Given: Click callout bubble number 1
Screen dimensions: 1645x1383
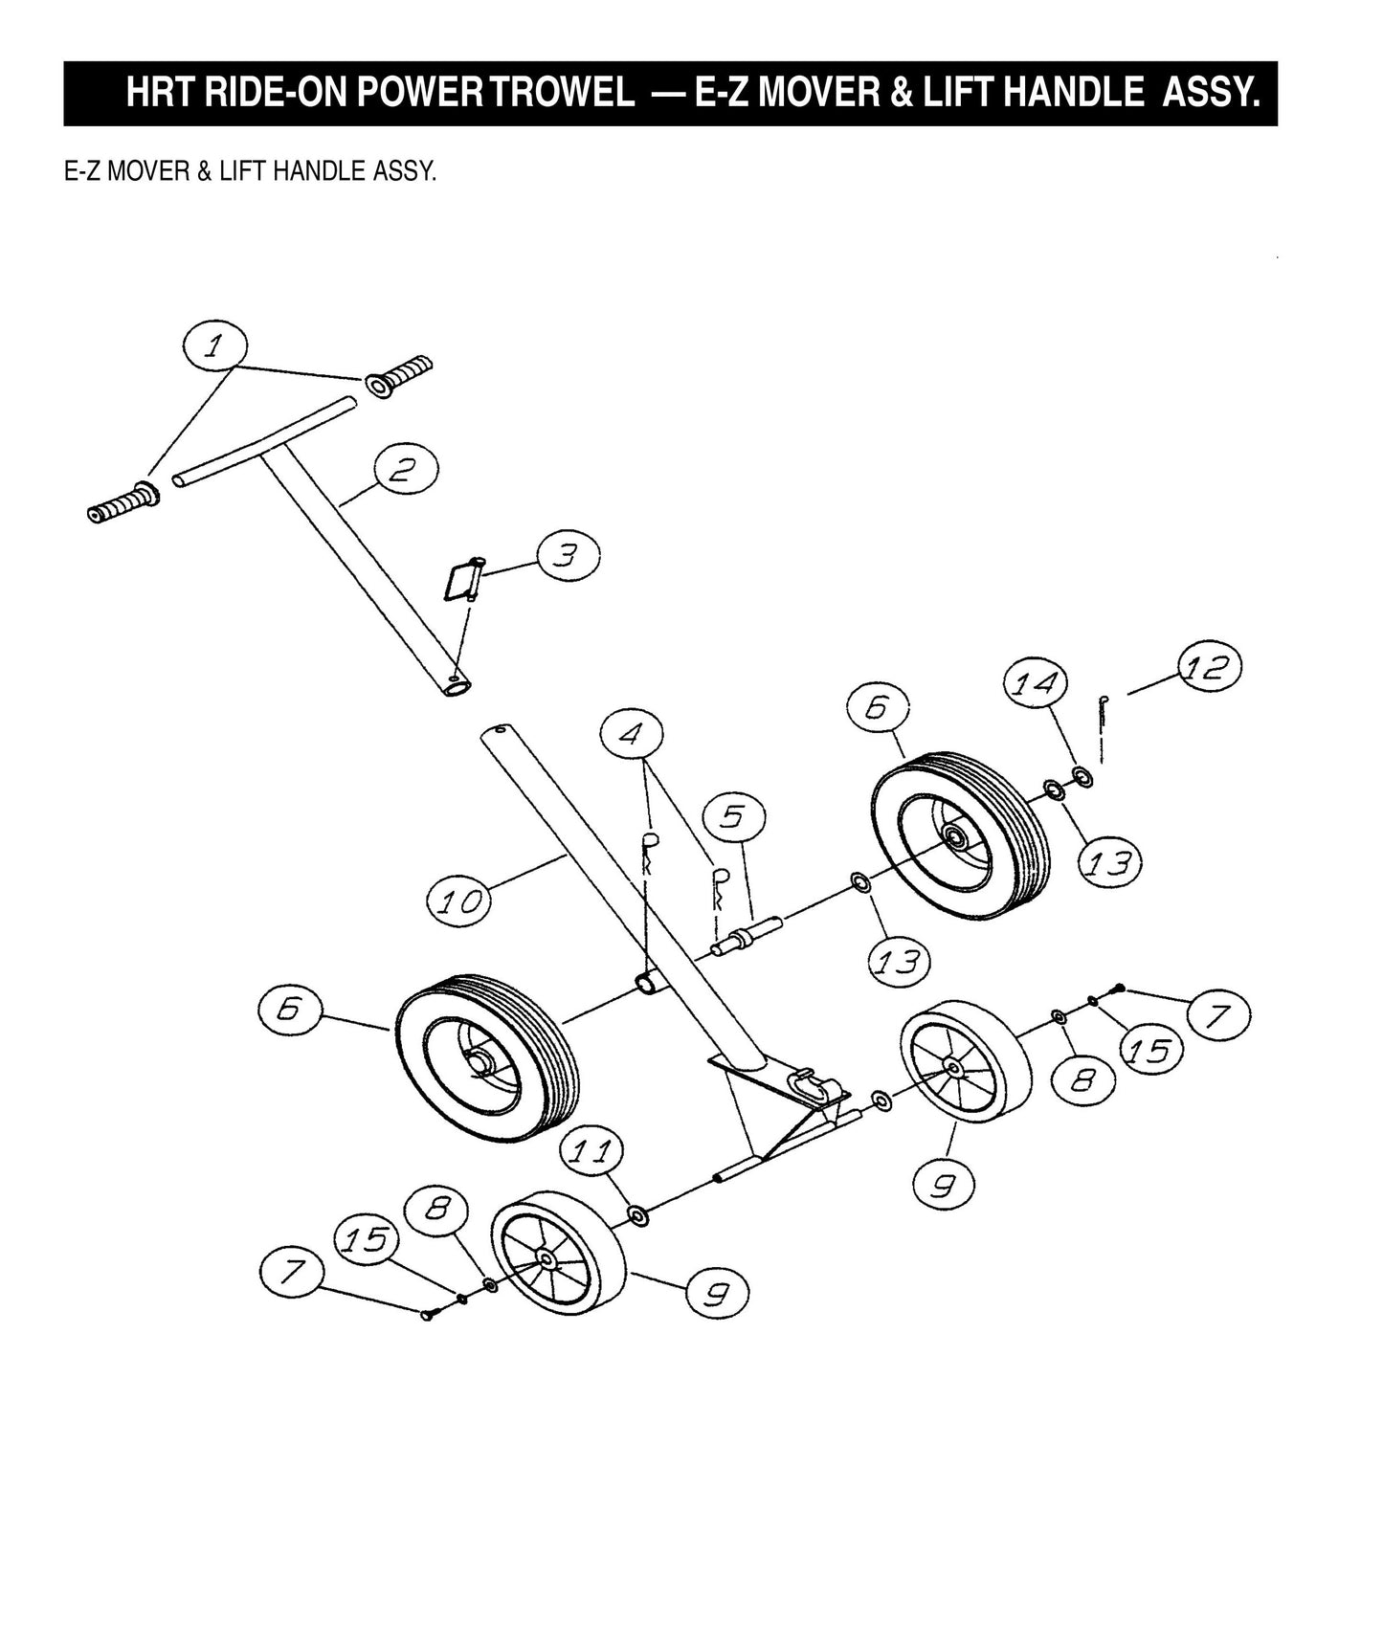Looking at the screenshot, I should [216, 347].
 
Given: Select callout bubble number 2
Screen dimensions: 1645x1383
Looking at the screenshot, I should [406, 470].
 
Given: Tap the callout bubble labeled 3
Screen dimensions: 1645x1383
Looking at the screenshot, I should [568, 556].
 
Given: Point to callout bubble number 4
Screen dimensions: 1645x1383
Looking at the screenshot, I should [631, 735].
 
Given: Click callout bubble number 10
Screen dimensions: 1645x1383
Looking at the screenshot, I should [458, 902].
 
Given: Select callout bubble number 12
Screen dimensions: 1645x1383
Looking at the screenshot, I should [1208, 668].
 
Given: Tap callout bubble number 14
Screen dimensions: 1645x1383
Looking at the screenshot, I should [1036, 684].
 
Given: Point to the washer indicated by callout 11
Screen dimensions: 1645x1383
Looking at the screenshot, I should [636, 1216].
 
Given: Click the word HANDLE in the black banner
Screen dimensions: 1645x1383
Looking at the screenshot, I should [1070, 94].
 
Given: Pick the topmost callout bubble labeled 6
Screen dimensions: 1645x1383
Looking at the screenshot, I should [878, 709].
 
